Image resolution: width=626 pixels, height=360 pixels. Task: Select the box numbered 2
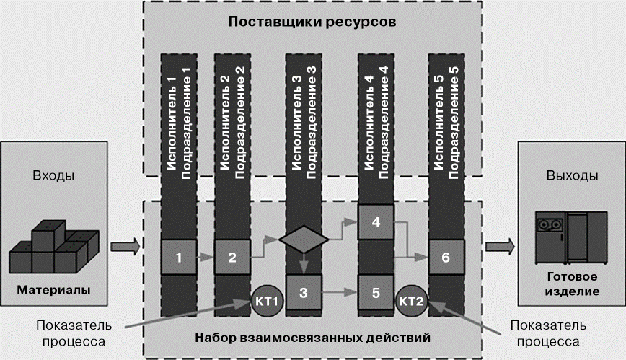(232, 256)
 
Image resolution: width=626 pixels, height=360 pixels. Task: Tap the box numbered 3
(304, 292)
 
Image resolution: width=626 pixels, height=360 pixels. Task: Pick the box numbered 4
(376, 223)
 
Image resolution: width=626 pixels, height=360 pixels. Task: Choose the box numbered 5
(376, 292)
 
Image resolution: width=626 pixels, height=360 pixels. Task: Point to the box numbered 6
(446, 256)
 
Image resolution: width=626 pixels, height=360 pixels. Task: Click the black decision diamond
(304, 239)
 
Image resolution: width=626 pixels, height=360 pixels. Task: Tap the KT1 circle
(267, 298)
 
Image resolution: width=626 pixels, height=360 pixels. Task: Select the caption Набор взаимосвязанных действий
(312, 337)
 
